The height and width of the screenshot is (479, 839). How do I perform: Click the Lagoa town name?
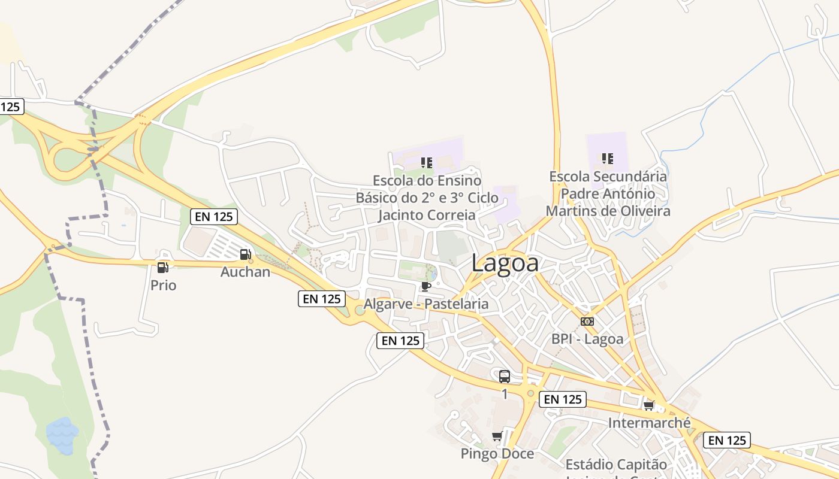point(505,263)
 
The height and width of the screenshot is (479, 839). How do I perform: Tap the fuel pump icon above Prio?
point(162,268)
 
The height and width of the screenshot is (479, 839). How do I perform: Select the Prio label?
point(163,286)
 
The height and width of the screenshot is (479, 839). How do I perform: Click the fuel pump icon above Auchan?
point(245,254)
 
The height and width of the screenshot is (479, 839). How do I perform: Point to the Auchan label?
point(245,272)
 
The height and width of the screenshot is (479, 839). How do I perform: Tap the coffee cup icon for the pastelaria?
point(426,287)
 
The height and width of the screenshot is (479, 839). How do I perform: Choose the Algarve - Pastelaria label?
point(426,304)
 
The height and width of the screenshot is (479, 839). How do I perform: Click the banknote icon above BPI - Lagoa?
point(587,322)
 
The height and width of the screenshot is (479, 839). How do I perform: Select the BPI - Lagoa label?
point(587,339)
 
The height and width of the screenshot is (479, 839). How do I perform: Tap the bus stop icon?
point(505,377)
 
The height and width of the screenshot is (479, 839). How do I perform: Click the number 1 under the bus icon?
point(505,394)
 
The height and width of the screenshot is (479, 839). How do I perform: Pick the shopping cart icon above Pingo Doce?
point(497,436)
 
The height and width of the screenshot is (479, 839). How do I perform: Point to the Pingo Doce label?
point(497,454)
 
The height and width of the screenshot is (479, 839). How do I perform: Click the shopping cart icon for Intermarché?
point(649,406)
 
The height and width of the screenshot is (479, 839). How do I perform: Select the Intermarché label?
point(649,423)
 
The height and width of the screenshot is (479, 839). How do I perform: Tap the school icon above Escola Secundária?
point(608,159)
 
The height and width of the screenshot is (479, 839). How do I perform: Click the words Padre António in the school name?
point(608,194)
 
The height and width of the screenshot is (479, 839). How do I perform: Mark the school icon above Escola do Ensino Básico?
point(427,162)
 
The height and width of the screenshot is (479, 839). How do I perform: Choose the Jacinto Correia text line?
point(427,215)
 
